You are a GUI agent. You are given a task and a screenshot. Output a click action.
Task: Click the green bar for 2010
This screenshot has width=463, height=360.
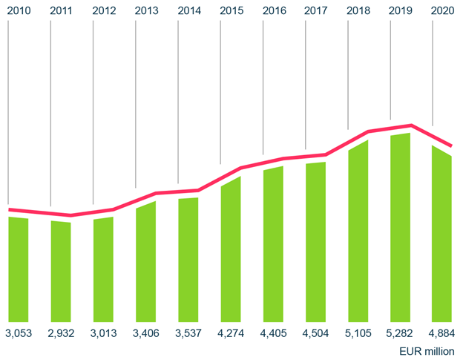pyautogui.click(x=19, y=269)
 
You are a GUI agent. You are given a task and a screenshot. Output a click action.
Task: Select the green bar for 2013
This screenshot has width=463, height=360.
pyautogui.click(x=146, y=261)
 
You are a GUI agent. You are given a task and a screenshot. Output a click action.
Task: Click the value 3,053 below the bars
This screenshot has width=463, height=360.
pyautogui.click(x=19, y=332)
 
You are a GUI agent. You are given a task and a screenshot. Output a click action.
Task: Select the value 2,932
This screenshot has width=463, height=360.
pyautogui.click(x=61, y=332)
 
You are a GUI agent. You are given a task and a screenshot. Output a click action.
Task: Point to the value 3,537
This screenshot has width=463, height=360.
pyautogui.click(x=188, y=332)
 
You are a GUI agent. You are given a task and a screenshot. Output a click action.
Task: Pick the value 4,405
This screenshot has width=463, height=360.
pyautogui.click(x=274, y=332)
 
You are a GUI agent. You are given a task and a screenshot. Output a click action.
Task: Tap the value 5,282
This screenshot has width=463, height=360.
pyautogui.click(x=401, y=332)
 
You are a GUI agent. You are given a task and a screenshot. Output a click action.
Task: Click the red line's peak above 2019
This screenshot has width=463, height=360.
pyautogui.click(x=410, y=125)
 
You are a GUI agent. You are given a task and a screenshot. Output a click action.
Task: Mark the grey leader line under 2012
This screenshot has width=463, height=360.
pyautogui.click(x=93, y=111)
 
